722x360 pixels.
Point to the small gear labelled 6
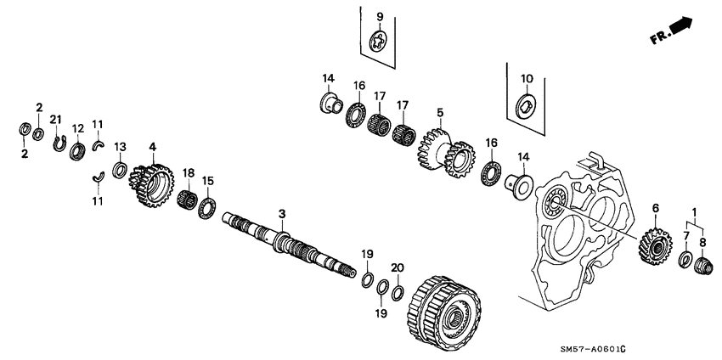click(x=653, y=245)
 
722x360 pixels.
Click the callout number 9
click(x=380, y=17)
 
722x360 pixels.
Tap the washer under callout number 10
click(x=526, y=107)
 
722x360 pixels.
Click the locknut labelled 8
click(x=703, y=267)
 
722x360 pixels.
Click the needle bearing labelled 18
click(x=188, y=200)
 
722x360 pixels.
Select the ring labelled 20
click(x=397, y=293)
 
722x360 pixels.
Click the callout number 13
click(x=121, y=147)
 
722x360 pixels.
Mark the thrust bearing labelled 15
click(x=206, y=207)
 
